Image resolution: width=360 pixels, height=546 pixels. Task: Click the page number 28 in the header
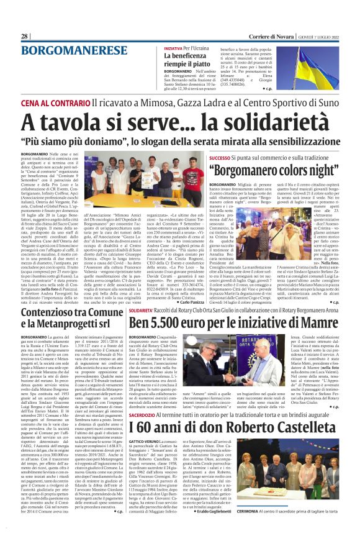coord(25,37)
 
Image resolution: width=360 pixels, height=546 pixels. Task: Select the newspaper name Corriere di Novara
coord(269,37)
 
